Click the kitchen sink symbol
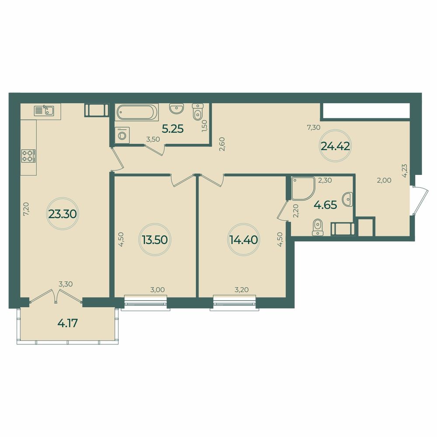tap(44, 110)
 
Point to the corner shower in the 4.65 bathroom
tap(303, 188)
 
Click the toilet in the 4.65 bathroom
tap(317, 227)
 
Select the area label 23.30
tap(62, 214)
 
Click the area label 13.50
tap(155, 239)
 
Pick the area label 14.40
tap(243, 239)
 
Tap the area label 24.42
tap(335, 146)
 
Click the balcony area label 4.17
tap(68, 323)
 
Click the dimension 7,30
tap(313, 128)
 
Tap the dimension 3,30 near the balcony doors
tap(66, 284)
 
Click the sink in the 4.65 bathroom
tap(347, 199)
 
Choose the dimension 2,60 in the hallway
tap(222, 144)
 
